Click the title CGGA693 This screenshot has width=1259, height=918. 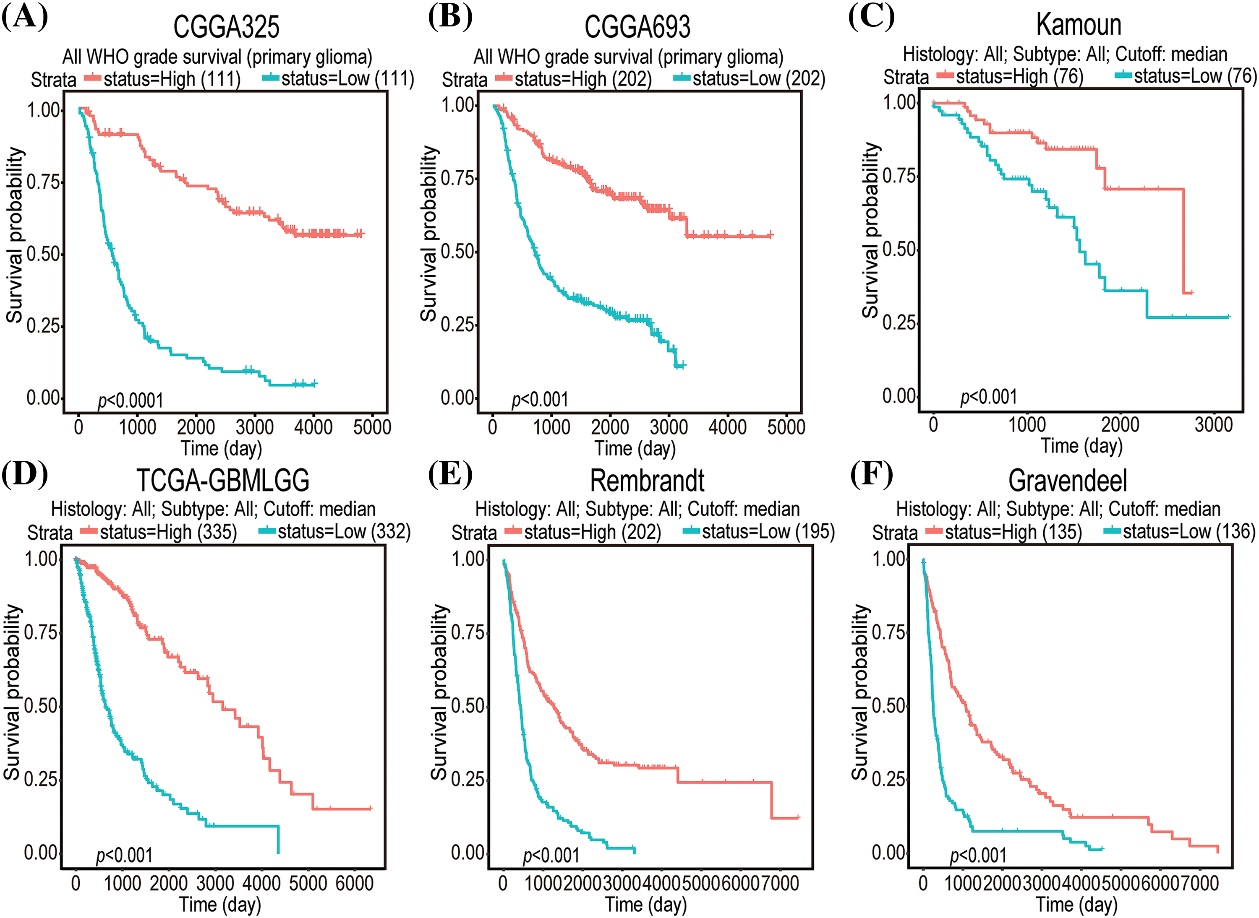coord(637,27)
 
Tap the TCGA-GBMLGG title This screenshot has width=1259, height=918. coord(222,481)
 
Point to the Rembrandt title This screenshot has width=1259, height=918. coord(647,481)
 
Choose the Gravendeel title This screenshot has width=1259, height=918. coord(1068,481)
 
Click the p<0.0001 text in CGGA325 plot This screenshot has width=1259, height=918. coord(131,400)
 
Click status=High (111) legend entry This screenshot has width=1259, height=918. coord(171,79)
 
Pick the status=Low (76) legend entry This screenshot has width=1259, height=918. coord(1194,76)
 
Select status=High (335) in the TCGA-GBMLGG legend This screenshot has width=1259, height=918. coord(168,532)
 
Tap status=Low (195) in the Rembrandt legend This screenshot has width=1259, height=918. coord(768,532)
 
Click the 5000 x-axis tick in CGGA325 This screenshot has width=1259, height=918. coord(372,427)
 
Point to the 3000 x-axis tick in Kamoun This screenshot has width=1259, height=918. coord(1213,424)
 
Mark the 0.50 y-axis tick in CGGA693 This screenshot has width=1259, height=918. coord(458,251)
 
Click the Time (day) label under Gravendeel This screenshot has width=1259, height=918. coord(1076,905)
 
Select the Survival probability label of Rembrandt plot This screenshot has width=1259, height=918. coord(440,692)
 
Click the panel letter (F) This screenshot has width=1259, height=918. coord(871,474)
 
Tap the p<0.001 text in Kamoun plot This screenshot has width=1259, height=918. coord(989,397)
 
